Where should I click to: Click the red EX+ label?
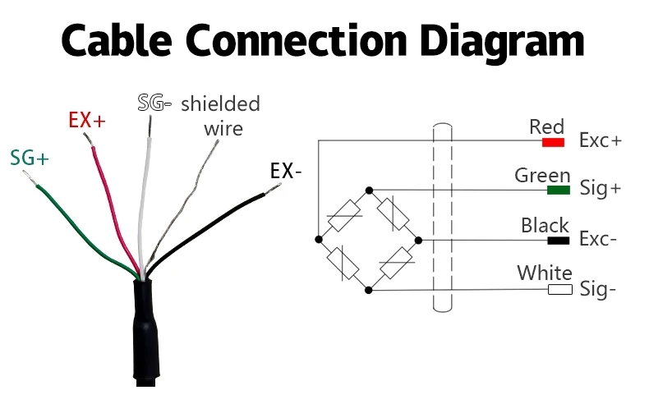tap(87, 121)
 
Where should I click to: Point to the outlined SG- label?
tap(154, 103)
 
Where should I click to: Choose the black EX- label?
tap(286, 172)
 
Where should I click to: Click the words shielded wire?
tap(220, 116)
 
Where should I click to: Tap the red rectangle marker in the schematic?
tap(553, 142)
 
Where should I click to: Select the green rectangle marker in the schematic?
tap(559, 191)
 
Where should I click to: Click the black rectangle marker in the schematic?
tap(559, 241)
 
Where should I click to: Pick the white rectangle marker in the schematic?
tap(559, 290)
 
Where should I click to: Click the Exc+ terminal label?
tap(601, 140)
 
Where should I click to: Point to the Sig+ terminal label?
tap(601, 190)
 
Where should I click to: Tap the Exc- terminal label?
tap(599, 240)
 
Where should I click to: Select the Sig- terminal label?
tap(598, 289)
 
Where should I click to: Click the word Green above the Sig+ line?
tap(542, 175)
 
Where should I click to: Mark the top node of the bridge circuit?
tap(369, 191)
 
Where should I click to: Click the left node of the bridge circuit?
tap(318, 240)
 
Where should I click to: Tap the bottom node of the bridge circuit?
tap(369, 289)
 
